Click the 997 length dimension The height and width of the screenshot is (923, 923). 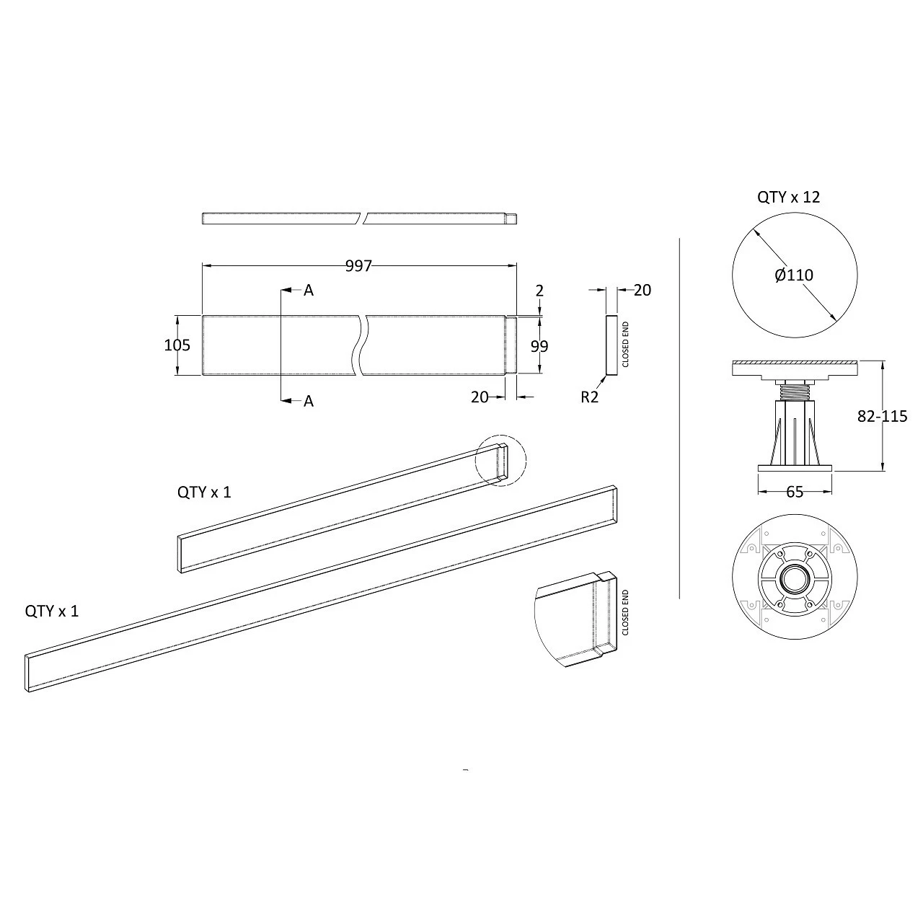point(358,266)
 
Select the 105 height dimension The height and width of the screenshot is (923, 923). point(177,345)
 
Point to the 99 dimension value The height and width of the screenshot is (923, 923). point(539,346)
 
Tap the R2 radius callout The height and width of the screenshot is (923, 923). point(589,397)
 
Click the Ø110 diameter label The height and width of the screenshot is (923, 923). point(794,275)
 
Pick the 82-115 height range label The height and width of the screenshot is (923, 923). point(882,416)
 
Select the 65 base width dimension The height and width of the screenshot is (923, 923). point(794,492)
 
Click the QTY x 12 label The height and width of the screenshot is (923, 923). point(788,197)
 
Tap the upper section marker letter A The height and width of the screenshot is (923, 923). point(309,290)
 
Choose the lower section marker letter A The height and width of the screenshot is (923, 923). point(309,401)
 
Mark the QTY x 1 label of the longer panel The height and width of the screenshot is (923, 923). point(52,611)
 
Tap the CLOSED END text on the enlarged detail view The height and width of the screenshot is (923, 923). point(625,612)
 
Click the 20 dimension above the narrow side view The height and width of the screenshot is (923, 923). point(642,290)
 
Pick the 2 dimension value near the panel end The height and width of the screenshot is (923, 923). point(539,291)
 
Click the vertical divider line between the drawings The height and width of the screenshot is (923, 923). point(680,418)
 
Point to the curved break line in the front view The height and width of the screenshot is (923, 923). point(361,345)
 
